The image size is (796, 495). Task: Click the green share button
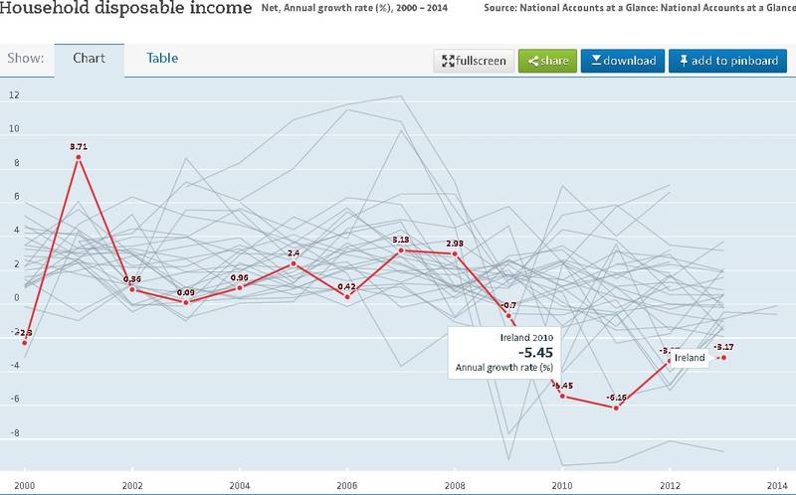[x=547, y=61]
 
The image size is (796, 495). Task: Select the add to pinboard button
[x=726, y=61]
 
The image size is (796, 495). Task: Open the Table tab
[x=162, y=58]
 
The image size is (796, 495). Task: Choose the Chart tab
[x=90, y=58]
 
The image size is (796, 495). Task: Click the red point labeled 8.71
[x=79, y=157]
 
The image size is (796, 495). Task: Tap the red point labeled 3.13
[x=401, y=249]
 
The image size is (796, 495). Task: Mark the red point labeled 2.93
[x=455, y=253]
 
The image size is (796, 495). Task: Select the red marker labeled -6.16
[x=617, y=408]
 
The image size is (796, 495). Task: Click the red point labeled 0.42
[x=347, y=296]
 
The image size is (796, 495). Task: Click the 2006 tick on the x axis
[x=347, y=486]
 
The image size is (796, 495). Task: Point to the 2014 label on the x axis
[x=778, y=486]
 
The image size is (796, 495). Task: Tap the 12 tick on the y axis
[x=14, y=96]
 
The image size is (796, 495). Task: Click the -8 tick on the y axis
[x=14, y=433]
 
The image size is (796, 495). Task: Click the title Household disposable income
[x=126, y=10]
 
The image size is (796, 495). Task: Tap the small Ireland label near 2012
[x=690, y=357]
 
